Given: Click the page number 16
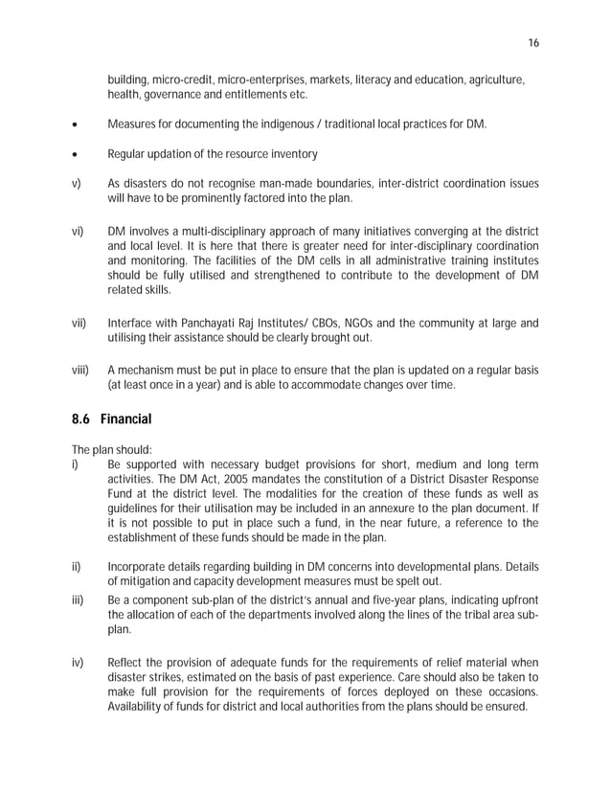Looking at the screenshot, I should click(533, 42).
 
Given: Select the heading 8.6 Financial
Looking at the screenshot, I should click(111, 419).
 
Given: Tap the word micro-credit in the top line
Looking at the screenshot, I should click(182, 77).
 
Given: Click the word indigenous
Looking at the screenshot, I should click(305, 124).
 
